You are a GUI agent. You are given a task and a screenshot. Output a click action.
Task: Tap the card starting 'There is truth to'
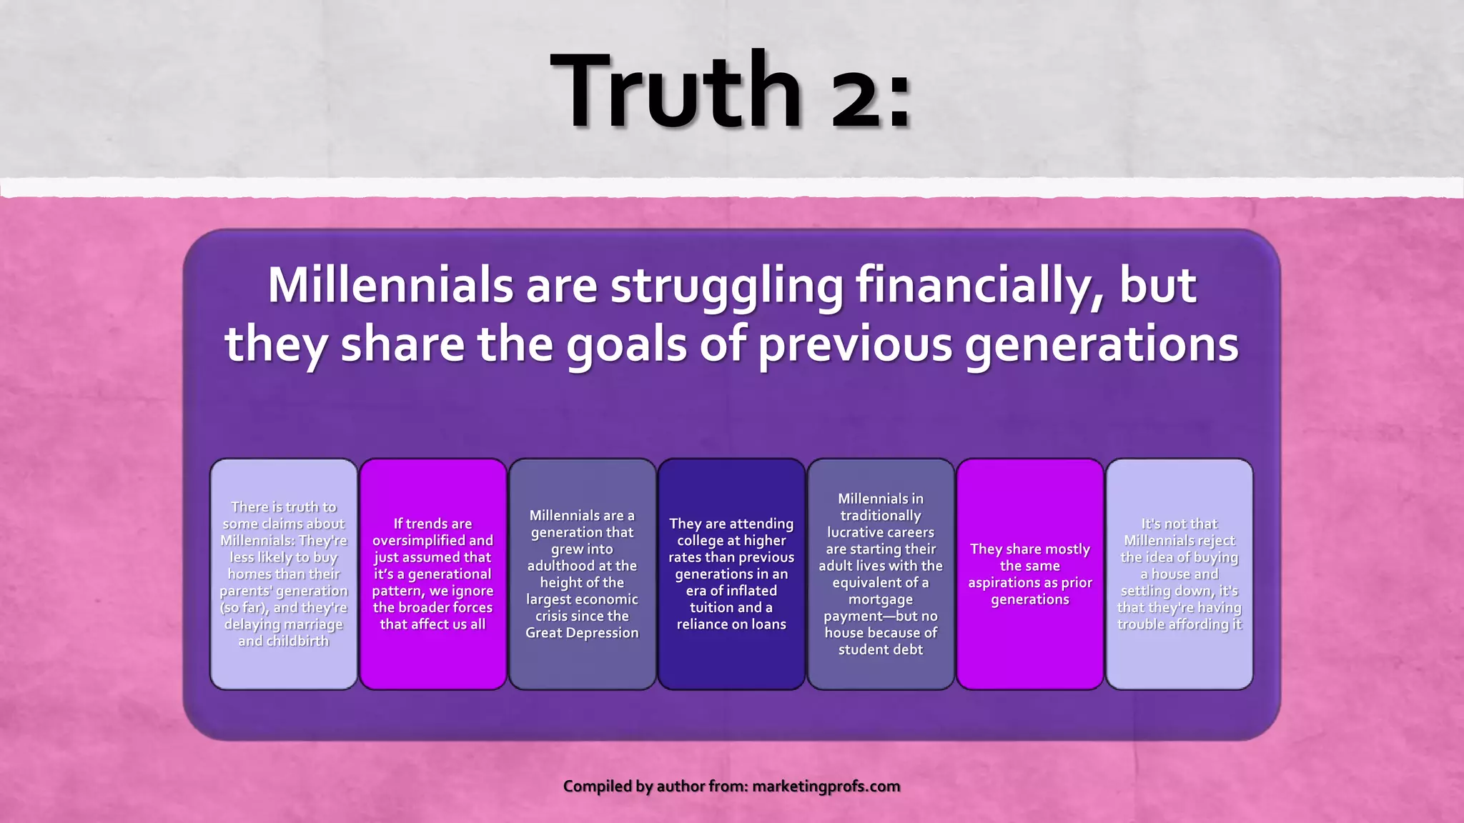pyautogui.click(x=284, y=574)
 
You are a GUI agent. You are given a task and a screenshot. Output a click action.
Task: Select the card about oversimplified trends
pyautogui.click(x=432, y=574)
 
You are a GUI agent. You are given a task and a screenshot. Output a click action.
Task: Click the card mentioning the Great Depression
pyautogui.click(x=582, y=574)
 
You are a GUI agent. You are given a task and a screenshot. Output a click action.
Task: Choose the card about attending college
pyautogui.click(x=731, y=574)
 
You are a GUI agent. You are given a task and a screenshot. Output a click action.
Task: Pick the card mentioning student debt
pyautogui.click(x=881, y=574)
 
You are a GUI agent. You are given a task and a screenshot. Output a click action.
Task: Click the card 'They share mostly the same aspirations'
pyautogui.click(x=1030, y=574)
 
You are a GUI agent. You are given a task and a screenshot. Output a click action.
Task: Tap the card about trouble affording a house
pyautogui.click(x=1179, y=574)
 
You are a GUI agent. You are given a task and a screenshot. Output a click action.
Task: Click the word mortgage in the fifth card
pyautogui.click(x=880, y=599)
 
